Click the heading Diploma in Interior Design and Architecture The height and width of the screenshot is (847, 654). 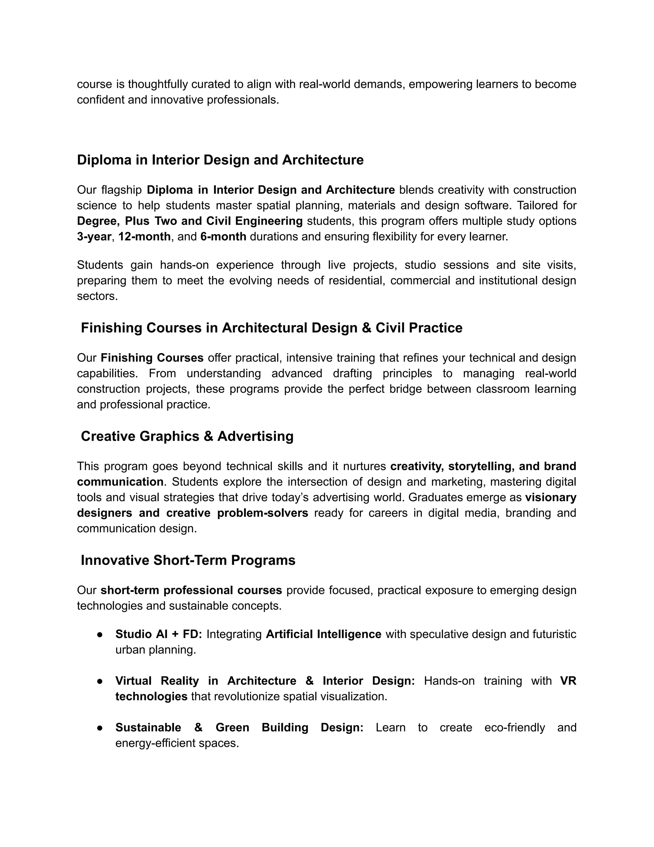click(x=220, y=160)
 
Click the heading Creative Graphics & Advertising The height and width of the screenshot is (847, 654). click(x=187, y=436)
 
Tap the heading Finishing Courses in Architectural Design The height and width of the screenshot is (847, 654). click(x=271, y=328)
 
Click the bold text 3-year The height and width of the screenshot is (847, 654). click(x=94, y=237)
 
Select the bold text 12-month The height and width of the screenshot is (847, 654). click(x=144, y=237)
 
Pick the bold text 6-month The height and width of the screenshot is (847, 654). click(x=223, y=237)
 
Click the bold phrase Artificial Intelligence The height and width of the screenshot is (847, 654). click(x=323, y=634)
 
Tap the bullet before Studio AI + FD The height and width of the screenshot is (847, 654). click(x=100, y=634)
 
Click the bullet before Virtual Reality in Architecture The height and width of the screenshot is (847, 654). click(x=100, y=681)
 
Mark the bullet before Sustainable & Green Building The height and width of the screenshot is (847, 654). click(x=100, y=727)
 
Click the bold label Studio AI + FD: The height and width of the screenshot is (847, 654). click(x=158, y=634)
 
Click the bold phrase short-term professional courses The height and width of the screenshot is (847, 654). click(x=191, y=590)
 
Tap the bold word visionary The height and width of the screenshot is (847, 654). click(x=551, y=497)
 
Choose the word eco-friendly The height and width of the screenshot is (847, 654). click(x=514, y=727)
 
